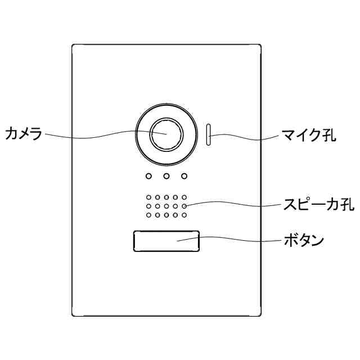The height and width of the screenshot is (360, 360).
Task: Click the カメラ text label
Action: point(24,134)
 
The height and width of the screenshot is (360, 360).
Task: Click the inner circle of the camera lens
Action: point(166,134)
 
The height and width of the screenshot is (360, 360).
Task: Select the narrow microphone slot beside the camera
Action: point(208,134)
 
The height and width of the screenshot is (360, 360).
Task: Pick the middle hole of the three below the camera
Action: point(166,176)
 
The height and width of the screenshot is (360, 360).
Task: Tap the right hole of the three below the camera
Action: point(184,176)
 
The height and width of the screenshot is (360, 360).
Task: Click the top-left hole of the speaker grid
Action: point(148,198)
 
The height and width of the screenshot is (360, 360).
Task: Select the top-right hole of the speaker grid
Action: point(184,198)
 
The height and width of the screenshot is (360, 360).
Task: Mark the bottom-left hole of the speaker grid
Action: point(148,215)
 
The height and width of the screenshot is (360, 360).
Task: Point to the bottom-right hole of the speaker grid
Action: point(184,215)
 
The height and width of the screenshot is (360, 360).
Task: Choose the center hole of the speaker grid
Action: point(166,206)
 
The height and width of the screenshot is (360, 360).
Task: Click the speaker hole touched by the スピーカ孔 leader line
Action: point(184,206)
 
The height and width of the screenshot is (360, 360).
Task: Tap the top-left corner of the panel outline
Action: point(73,44)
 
